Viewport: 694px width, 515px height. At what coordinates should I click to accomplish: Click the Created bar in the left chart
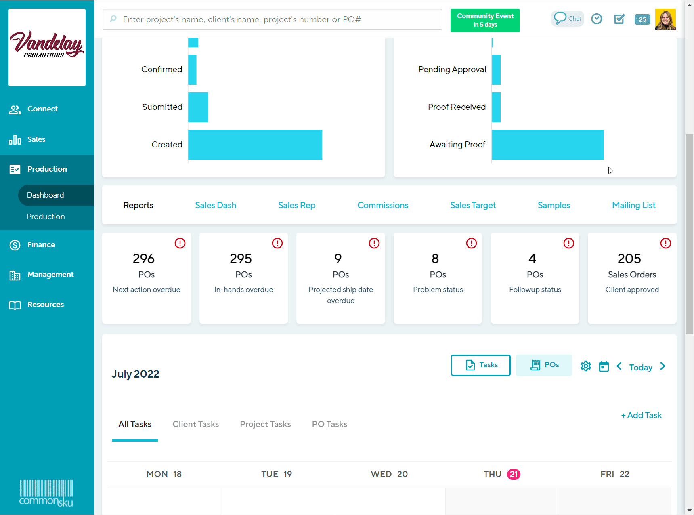255,145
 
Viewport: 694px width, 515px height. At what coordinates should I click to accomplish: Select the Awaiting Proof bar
547,145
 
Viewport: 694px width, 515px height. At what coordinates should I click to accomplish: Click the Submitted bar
198,107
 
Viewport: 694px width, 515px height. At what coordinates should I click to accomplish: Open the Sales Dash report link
216,205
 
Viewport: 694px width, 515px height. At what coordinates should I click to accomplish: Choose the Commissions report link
383,205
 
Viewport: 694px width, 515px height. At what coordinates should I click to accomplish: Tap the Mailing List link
633,205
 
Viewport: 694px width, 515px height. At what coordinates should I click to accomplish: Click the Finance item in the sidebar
41,245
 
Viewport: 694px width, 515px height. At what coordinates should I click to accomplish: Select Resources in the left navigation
45,305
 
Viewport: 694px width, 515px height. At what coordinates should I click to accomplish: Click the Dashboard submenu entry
46,195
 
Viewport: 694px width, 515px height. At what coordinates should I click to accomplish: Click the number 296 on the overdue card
144,259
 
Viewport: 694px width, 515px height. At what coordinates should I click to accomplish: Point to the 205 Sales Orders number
629,259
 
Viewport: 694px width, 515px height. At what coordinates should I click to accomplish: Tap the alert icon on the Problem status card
471,243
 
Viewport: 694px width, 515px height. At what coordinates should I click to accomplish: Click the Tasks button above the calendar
480,365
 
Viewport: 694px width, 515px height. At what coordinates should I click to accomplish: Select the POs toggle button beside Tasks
544,365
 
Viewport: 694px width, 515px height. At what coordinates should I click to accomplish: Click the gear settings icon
585,366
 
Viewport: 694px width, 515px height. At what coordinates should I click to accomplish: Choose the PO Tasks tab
329,424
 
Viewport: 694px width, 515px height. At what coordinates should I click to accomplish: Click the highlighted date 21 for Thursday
514,474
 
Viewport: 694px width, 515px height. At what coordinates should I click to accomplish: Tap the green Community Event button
485,20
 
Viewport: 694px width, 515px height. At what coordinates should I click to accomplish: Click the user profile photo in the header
665,20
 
